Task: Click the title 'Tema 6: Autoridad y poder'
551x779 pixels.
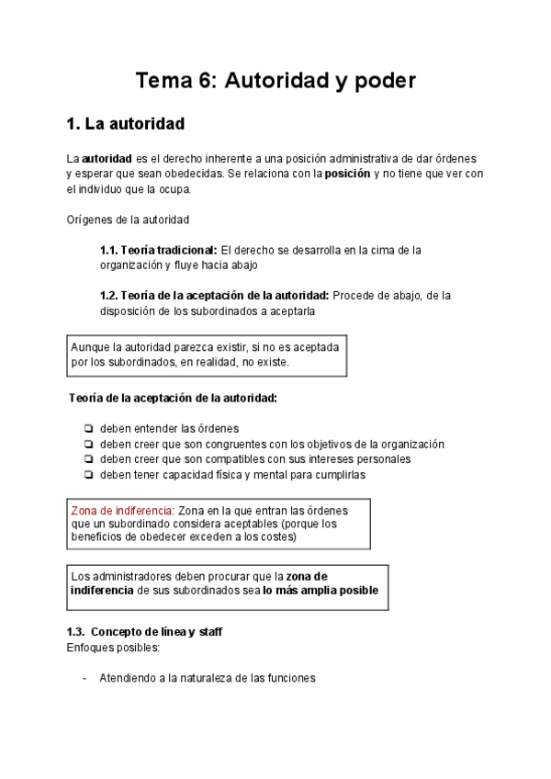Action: pyautogui.click(x=275, y=81)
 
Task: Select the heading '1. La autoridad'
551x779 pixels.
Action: pyautogui.click(x=126, y=123)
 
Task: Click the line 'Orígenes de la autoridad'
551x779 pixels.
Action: pyautogui.click(x=128, y=220)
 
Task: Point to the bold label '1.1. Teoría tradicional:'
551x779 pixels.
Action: pyautogui.click(x=158, y=250)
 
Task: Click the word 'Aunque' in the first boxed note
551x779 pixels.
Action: pyautogui.click(x=90, y=347)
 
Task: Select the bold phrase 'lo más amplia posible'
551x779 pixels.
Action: pyautogui.click(x=320, y=591)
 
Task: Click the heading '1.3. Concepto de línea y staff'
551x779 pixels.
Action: pyautogui.click(x=144, y=633)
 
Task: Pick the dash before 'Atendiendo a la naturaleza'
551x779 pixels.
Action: pyautogui.click(x=84, y=679)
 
